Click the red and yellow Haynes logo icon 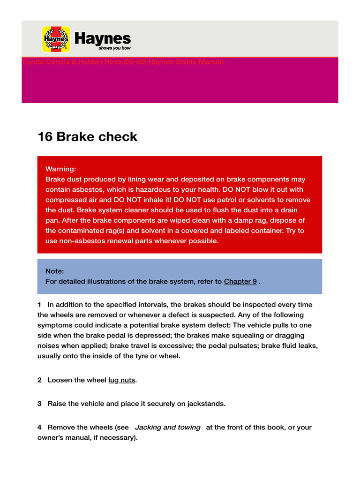click(x=56, y=39)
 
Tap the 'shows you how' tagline click(x=114, y=48)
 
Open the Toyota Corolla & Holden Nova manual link click(x=122, y=62)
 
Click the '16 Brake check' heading click(x=87, y=137)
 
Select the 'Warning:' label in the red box click(x=60, y=169)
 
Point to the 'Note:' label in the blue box click(x=55, y=271)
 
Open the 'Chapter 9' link click(x=240, y=281)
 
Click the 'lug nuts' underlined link click(x=121, y=380)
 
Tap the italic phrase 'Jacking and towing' click(x=167, y=427)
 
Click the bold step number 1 click(x=39, y=305)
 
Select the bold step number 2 click(x=39, y=380)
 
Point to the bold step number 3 click(x=39, y=404)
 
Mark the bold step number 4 click(x=39, y=427)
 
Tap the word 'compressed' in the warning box click(x=65, y=200)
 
